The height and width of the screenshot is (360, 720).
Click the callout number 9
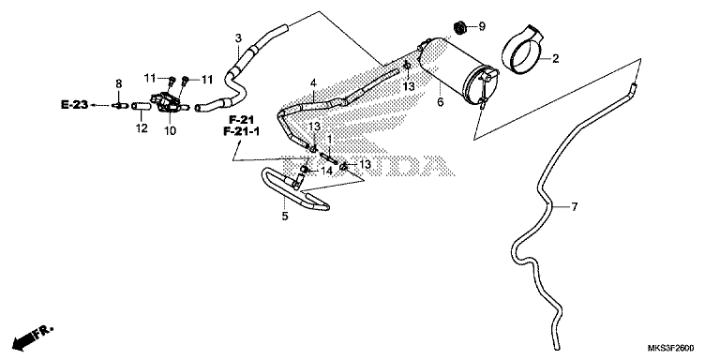[x=482, y=26]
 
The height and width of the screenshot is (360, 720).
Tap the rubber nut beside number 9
[x=459, y=26]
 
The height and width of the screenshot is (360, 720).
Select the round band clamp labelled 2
[x=522, y=50]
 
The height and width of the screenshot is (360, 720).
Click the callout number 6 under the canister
[x=441, y=102]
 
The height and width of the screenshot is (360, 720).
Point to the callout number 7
[x=574, y=207]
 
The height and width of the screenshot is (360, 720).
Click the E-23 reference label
[x=74, y=105]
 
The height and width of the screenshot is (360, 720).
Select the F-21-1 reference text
[x=242, y=132]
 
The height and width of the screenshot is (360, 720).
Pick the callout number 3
[x=238, y=38]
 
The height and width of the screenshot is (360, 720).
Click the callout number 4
[x=313, y=83]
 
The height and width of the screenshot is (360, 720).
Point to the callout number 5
[x=285, y=217]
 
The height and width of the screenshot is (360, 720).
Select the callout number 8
[x=119, y=83]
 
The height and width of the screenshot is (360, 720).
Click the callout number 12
[x=142, y=128]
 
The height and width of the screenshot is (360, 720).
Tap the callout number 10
[x=170, y=131]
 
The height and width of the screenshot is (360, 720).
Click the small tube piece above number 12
[x=141, y=107]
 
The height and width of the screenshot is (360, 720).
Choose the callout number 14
[x=326, y=171]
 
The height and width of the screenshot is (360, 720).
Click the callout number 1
[x=329, y=138]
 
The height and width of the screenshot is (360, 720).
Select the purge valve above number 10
[x=169, y=102]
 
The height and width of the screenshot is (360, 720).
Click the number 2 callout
[x=555, y=59]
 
